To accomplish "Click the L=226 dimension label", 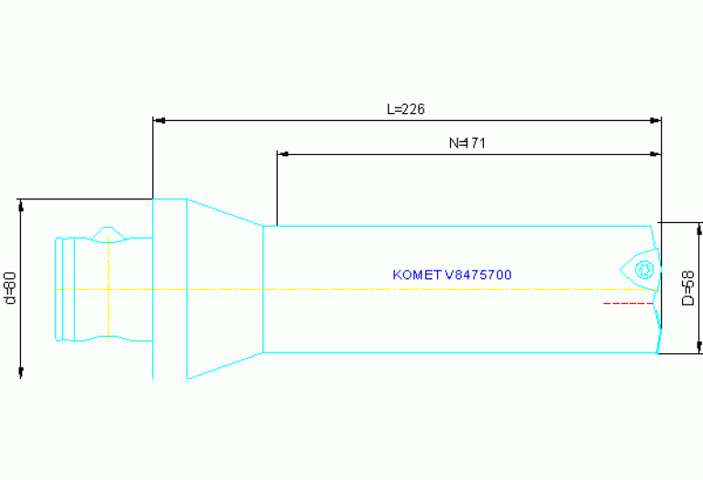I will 405,109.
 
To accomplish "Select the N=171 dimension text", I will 467,143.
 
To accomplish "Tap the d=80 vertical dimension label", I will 10,287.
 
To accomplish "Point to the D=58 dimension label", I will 689,287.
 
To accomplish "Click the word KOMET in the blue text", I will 417,274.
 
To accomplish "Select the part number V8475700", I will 485,274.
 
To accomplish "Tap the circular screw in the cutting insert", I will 643,269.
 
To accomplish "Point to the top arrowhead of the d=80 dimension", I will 20,204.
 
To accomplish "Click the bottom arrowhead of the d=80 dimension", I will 20,371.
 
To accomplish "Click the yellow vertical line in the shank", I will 108,289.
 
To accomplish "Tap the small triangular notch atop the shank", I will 108,233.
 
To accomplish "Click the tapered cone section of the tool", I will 225,288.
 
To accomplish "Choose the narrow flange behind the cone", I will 170,288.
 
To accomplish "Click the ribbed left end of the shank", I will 62,289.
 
